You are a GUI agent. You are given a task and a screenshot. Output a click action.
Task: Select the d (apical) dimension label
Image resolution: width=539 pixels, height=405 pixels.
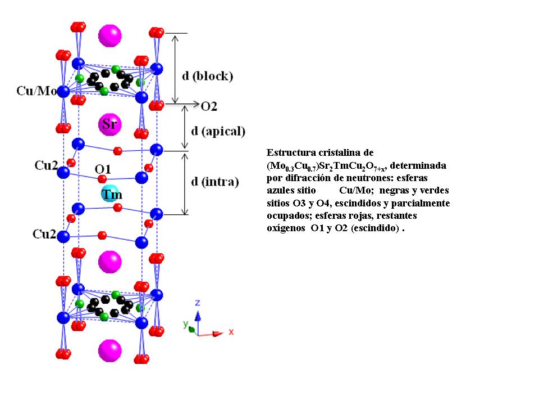(x=218, y=131)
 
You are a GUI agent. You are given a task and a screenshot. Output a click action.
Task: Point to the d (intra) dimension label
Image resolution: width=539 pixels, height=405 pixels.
(x=215, y=182)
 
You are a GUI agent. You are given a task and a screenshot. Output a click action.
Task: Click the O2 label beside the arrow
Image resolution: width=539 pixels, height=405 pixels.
(x=209, y=106)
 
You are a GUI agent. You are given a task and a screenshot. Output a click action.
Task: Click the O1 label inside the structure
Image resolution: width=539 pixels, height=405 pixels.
(x=102, y=168)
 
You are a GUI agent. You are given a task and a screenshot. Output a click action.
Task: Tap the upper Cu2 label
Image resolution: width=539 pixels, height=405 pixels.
(x=45, y=165)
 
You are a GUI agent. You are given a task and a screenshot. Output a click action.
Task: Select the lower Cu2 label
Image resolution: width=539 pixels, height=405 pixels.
(x=45, y=233)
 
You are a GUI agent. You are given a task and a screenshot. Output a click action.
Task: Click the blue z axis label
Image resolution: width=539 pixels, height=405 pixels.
(x=197, y=303)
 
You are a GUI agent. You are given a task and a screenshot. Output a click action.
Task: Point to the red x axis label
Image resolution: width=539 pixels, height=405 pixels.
(x=230, y=332)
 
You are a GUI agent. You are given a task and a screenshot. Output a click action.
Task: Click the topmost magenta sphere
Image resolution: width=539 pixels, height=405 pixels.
(x=109, y=35)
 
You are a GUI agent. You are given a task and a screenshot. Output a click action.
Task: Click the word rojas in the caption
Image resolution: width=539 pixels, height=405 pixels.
(x=359, y=215)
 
